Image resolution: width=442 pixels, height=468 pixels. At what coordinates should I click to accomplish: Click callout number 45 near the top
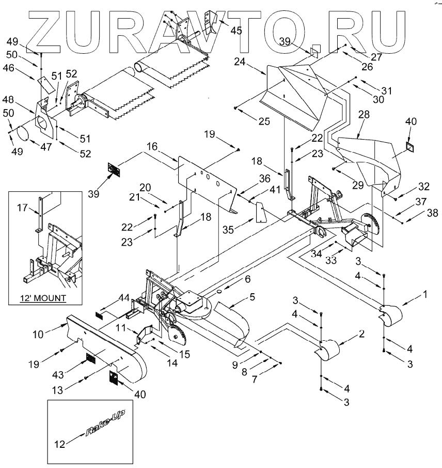click(236, 31)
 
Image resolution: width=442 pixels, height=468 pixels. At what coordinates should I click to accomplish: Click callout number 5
click(252, 297)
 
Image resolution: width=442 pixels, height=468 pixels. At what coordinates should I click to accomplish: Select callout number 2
click(362, 335)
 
